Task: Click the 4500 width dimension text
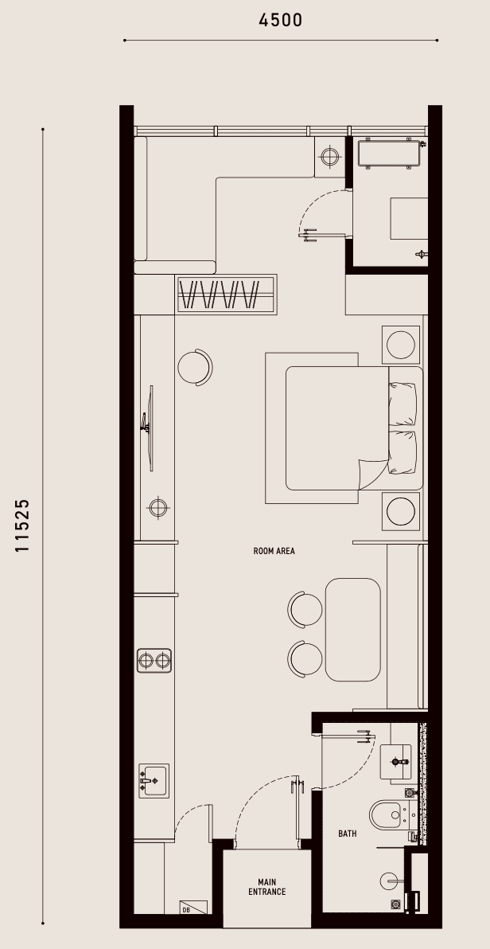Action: [280, 20]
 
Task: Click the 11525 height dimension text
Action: [22, 525]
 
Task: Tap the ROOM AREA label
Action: [274, 552]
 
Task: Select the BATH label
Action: [348, 834]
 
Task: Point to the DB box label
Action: [185, 910]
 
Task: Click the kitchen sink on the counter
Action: [154, 781]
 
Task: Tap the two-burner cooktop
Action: [154, 660]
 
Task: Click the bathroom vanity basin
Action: [395, 761]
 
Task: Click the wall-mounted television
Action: [148, 428]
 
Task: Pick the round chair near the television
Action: [196, 367]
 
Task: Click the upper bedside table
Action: [400, 345]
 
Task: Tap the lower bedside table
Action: [400, 511]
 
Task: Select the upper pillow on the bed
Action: [402, 404]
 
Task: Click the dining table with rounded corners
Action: [353, 630]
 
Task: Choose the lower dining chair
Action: [305, 660]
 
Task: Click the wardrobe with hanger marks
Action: [227, 294]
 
